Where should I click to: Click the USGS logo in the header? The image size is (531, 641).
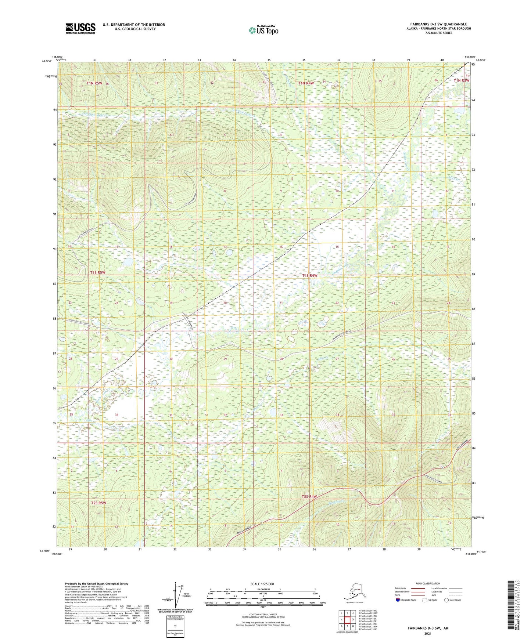[x=80, y=28]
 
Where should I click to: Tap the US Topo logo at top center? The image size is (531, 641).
[x=263, y=30]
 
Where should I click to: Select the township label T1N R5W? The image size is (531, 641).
[x=94, y=83]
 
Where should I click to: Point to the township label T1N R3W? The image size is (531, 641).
[x=461, y=80]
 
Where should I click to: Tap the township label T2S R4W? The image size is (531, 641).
[x=309, y=497]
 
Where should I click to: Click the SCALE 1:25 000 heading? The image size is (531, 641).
[x=262, y=584]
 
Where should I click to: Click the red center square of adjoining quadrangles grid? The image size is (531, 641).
[x=347, y=620]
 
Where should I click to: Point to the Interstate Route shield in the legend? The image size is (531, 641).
[x=398, y=600]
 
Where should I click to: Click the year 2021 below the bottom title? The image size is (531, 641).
[x=427, y=633]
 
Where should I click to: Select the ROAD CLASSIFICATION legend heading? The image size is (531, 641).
[x=428, y=583]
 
